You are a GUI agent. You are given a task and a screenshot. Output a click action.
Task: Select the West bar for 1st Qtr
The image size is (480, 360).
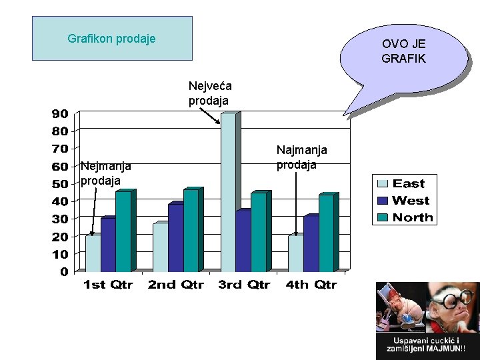(107, 245)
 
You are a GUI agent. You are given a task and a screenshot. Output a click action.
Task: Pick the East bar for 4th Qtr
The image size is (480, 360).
(295, 253)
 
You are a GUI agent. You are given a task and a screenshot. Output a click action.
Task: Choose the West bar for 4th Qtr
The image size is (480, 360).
(310, 243)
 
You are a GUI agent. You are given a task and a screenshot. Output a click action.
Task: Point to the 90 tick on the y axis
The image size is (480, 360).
(60, 113)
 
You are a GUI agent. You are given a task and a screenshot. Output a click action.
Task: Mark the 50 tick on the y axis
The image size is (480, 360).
(60, 183)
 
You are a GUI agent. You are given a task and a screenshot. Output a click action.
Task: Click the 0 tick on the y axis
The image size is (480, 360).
(64, 271)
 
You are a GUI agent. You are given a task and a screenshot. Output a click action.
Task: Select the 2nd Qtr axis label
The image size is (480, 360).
(176, 285)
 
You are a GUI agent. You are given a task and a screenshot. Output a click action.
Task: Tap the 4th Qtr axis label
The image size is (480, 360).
(311, 285)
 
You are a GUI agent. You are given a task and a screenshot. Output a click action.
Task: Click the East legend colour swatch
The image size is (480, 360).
(383, 184)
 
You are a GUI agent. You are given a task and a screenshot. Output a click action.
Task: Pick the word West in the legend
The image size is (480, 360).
(411, 201)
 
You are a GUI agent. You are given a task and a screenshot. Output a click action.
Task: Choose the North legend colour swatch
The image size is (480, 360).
(383, 217)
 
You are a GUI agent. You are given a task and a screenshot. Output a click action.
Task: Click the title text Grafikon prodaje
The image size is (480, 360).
(112, 39)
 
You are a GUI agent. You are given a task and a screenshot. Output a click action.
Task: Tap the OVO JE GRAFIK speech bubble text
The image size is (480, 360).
(403, 51)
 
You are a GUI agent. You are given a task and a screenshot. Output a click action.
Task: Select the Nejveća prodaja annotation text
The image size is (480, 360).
(209, 93)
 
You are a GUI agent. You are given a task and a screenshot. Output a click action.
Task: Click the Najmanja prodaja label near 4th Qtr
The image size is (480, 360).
(302, 157)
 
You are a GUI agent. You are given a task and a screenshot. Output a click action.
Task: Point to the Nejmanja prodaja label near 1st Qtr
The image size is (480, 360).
(105, 173)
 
